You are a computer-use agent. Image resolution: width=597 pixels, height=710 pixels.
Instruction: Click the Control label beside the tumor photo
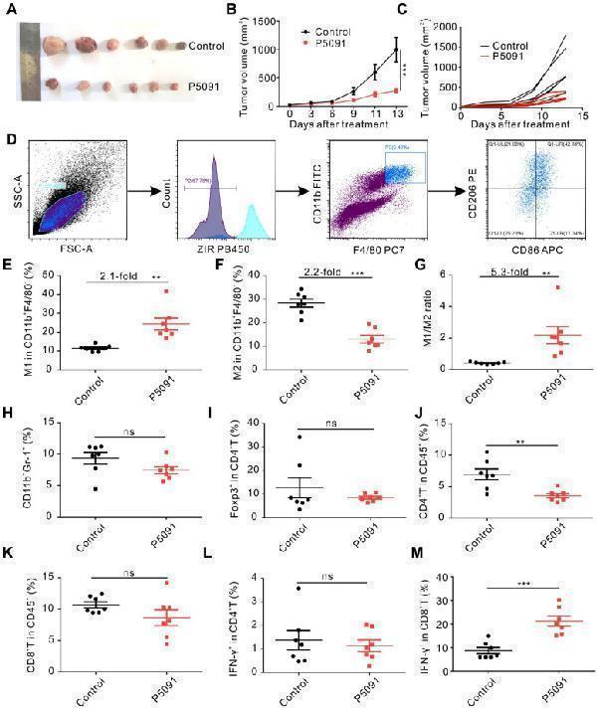(206, 46)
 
